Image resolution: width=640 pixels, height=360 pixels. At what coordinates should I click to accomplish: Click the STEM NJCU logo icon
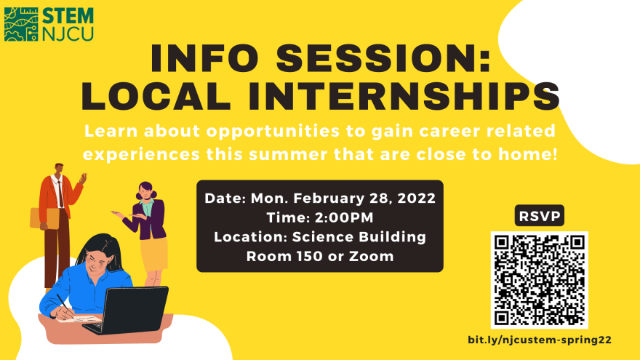click(x=21, y=24)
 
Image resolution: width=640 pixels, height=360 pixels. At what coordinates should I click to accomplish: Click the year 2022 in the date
click(x=416, y=199)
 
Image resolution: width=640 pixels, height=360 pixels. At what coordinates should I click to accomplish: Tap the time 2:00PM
click(x=344, y=217)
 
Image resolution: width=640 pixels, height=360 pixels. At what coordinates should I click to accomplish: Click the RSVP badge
click(x=539, y=215)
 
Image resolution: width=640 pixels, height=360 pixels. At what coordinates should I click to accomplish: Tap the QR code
click(x=539, y=280)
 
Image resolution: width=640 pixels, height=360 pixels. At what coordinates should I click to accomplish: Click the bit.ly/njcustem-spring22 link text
click(x=540, y=340)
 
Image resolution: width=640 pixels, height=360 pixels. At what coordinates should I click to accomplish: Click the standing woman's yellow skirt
click(x=154, y=254)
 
